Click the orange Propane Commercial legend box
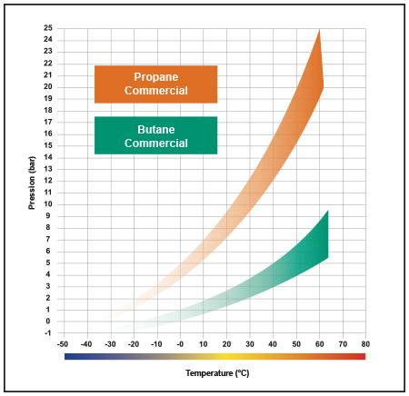(155, 84)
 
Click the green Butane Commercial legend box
(155, 135)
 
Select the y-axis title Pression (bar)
(32, 182)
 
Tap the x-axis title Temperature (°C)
(214, 373)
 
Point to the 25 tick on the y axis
(48, 28)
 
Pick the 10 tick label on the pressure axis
(48, 203)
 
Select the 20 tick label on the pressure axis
(48, 86)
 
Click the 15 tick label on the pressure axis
(48, 145)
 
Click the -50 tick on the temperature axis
(63, 344)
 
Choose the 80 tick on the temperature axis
(364, 344)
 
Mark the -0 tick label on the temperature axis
(179, 344)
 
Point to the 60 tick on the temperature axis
(318, 344)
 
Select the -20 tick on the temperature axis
(133, 344)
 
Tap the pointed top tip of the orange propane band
(319, 32)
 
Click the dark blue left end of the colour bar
(69, 357)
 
